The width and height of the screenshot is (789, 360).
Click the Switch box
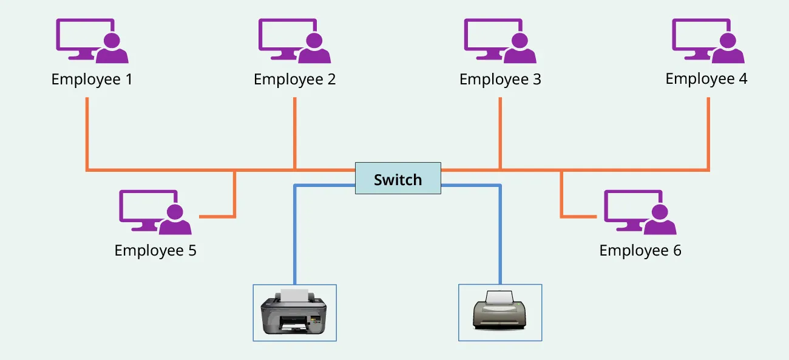[x=398, y=178]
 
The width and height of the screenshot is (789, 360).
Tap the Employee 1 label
[x=92, y=80]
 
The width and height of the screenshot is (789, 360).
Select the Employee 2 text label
[x=294, y=80]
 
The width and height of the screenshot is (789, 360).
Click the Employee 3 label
[x=500, y=80]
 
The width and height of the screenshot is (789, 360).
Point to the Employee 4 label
[x=706, y=79]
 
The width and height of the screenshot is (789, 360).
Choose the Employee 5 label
[x=155, y=251]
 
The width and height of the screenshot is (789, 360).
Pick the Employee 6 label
[x=640, y=251]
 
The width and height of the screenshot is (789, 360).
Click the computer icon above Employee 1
[x=92, y=41]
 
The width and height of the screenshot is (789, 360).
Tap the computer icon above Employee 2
[x=294, y=41]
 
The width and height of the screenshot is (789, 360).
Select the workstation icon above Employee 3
[x=500, y=41]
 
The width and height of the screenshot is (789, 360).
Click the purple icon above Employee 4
[x=707, y=41]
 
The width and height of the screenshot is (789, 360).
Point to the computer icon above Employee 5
[x=155, y=212]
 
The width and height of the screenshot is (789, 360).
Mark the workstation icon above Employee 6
[x=640, y=212]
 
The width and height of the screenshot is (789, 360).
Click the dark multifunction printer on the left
[x=294, y=313]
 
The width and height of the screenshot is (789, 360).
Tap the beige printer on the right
[x=500, y=311]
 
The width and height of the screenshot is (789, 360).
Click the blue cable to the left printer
[x=295, y=237]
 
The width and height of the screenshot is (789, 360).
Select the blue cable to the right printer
[x=501, y=237]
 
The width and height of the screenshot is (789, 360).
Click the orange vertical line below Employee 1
[x=87, y=134]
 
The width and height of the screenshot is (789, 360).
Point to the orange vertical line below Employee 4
[x=708, y=134]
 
